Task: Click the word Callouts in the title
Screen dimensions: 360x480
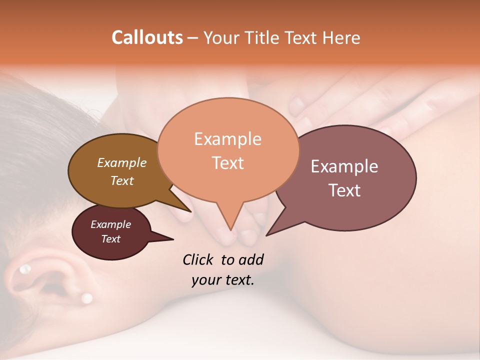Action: tap(147, 37)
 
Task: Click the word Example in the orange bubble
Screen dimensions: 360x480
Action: tap(227, 139)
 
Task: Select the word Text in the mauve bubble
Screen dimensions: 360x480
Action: tap(344, 190)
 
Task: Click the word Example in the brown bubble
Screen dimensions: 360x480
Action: tap(121, 162)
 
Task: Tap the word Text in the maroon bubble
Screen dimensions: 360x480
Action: tap(110, 239)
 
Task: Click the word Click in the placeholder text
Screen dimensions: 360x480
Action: tap(198, 259)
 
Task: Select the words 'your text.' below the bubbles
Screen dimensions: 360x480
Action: tap(223, 280)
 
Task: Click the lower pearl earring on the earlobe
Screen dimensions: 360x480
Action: tap(86, 298)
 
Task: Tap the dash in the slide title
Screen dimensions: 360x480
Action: tap(193, 38)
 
